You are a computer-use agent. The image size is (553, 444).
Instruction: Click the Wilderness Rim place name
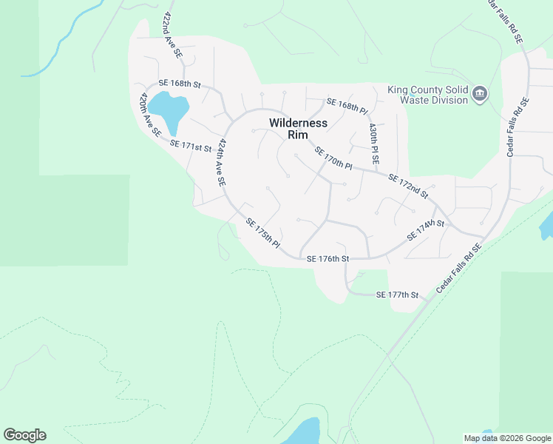click(x=298, y=129)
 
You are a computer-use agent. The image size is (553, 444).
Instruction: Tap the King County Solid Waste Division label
click(x=428, y=95)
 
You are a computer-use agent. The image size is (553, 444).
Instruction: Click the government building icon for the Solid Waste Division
click(x=480, y=93)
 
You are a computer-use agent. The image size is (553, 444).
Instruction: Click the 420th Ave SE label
click(x=149, y=115)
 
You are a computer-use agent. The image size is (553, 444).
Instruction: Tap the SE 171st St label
click(x=191, y=146)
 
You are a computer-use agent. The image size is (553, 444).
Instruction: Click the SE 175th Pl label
click(x=263, y=233)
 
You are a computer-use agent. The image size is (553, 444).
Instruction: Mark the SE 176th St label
click(x=327, y=258)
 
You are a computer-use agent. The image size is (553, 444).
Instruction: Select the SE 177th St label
click(x=397, y=295)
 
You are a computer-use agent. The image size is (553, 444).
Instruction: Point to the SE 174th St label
click(x=425, y=229)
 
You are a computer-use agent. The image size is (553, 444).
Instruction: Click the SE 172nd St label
click(x=408, y=186)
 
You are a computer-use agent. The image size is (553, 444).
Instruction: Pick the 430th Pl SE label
click(x=375, y=143)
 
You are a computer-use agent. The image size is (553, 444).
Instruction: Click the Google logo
click(x=24, y=435)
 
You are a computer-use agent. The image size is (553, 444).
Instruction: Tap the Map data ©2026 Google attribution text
click(x=507, y=438)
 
